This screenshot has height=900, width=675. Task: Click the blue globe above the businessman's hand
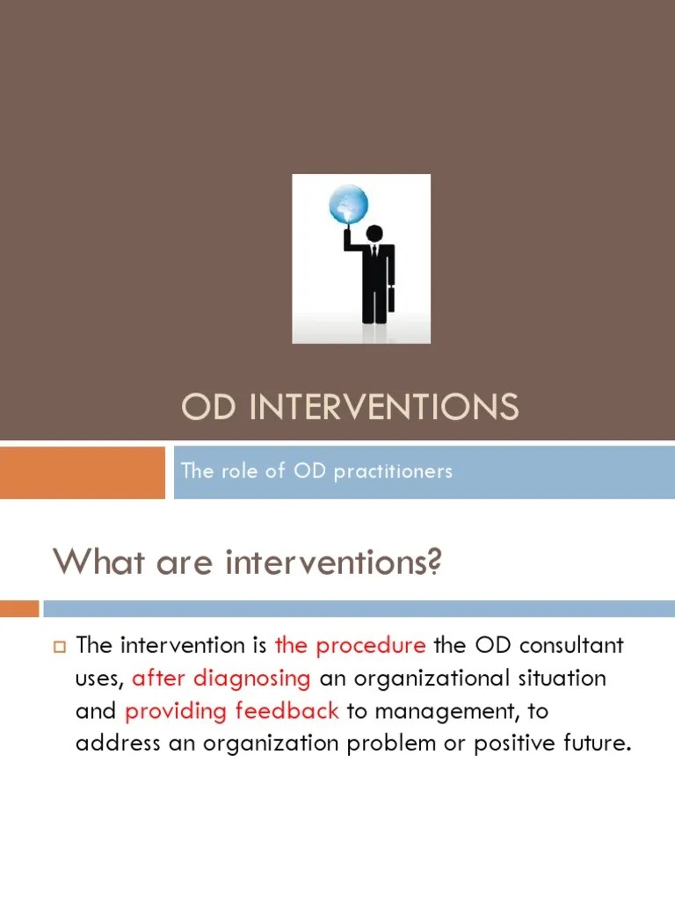coord(347,205)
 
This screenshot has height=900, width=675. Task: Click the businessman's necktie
coord(374,253)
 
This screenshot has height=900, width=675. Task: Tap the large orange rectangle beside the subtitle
coord(83,472)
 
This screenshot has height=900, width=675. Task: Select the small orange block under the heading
coord(19,608)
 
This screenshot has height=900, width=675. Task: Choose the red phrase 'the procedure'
coord(350,645)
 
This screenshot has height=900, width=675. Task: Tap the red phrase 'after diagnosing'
coord(221,679)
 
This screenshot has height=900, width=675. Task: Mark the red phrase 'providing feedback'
coord(231,711)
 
